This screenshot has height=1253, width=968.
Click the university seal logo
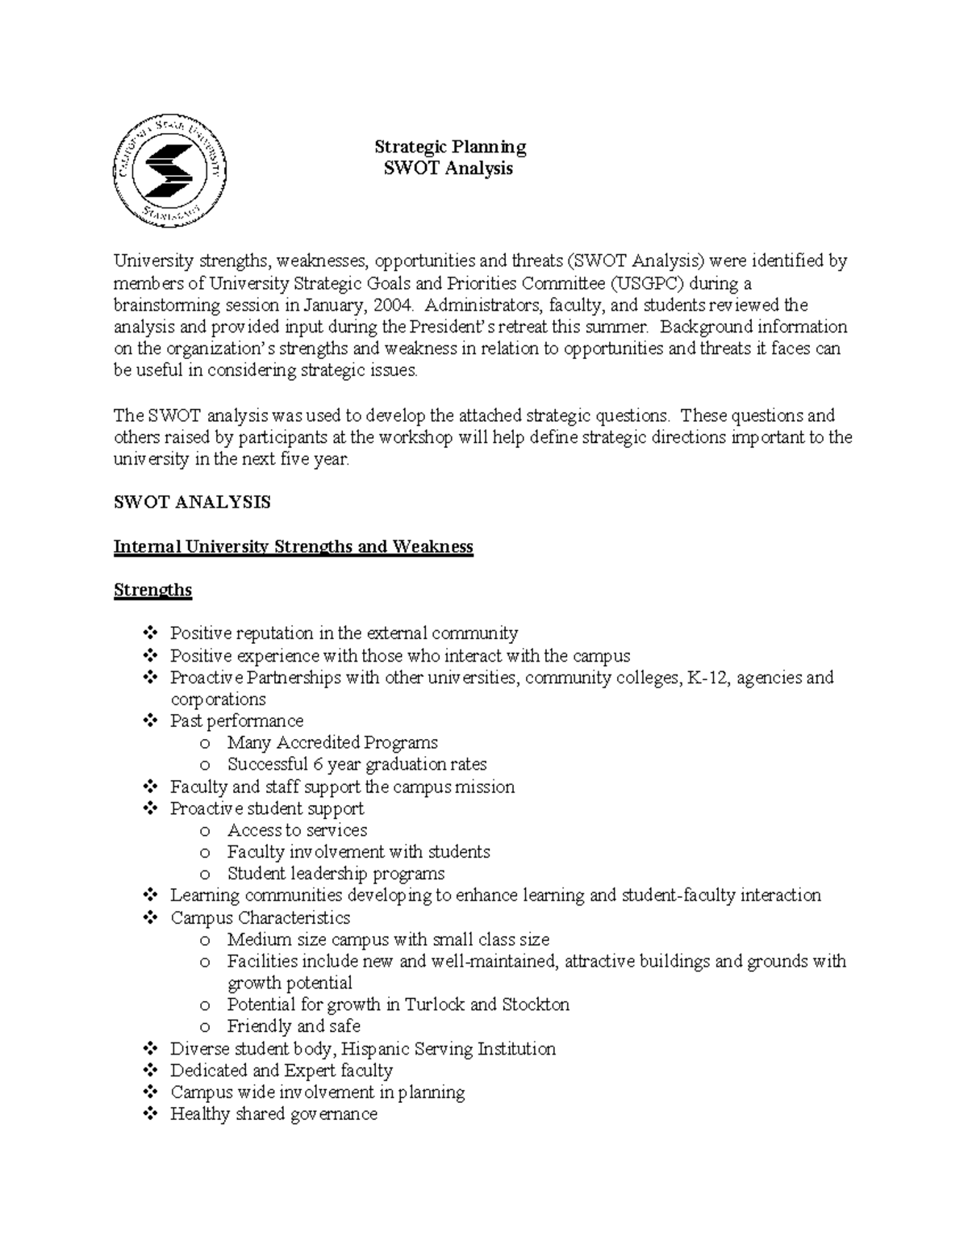[x=169, y=169]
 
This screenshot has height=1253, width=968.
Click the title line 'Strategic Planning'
[x=450, y=147]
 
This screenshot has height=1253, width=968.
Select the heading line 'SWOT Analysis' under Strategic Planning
[x=450, y=169]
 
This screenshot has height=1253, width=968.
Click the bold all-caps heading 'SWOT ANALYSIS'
[x=192, y=503]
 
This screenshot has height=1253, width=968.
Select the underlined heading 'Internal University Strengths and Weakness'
[x=293, y=546]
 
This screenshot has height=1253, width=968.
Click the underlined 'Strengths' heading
[x=152, y=590]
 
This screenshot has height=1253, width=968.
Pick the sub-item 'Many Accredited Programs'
[x=332, y=742]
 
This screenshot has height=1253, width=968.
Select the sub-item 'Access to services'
[x=297, y=830]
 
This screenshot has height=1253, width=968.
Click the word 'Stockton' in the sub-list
[x=536, y=1004]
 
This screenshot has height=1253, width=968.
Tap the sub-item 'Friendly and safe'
[x=294, y=1026]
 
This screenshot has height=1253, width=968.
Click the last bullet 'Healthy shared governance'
[x=273, y=1114]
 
